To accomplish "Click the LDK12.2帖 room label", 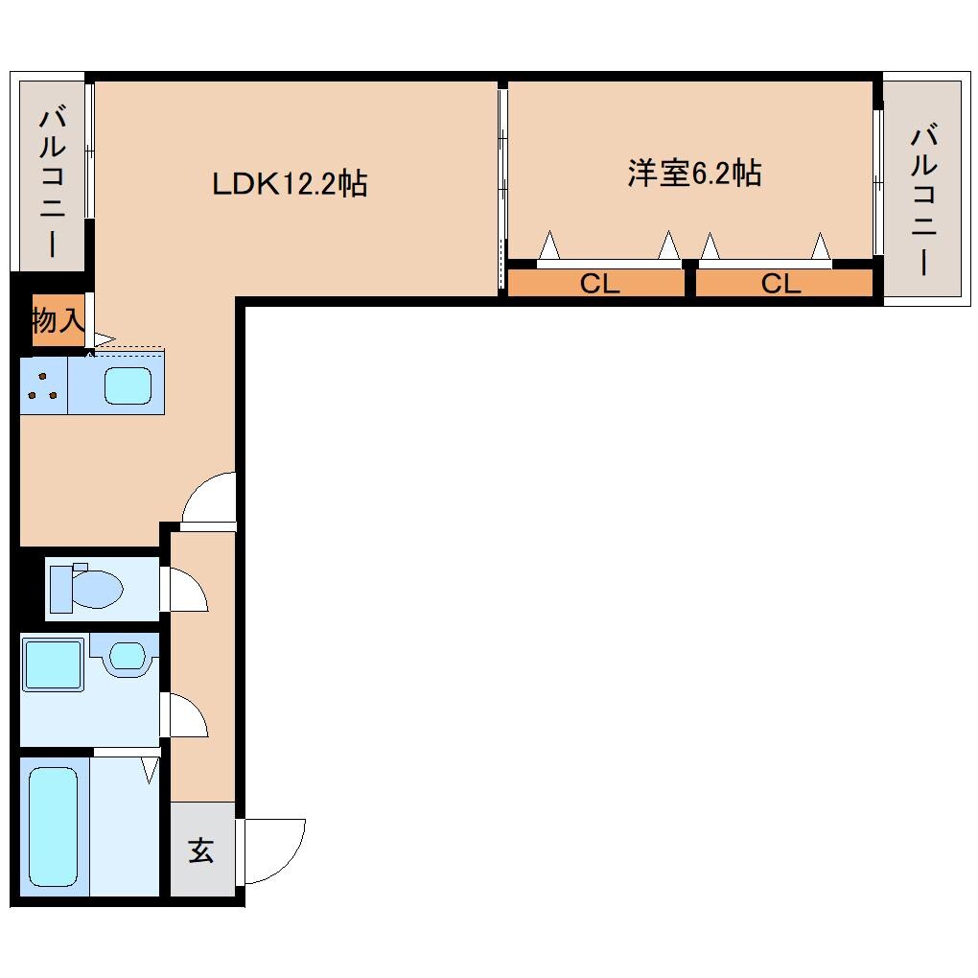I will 289,183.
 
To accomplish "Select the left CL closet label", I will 600,284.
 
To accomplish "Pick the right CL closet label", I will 780,284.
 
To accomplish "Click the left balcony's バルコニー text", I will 53,183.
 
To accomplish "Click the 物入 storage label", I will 58,320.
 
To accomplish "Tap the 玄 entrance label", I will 200,850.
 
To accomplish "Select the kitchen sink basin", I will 128,385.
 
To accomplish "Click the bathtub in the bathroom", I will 53,827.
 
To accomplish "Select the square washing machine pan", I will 53,664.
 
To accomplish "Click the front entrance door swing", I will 273,849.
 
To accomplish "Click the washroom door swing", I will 188,715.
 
